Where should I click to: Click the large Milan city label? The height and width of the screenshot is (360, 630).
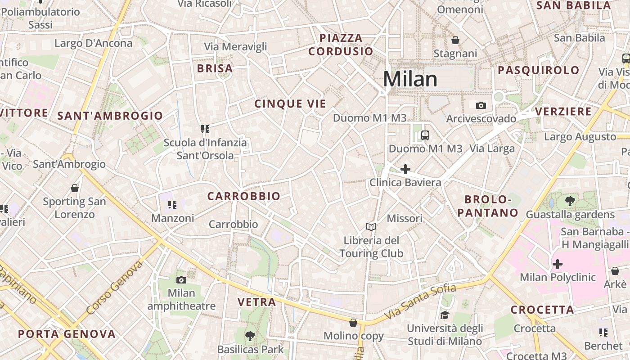point(410,79)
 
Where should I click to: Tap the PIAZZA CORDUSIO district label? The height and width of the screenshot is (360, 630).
point(341,45)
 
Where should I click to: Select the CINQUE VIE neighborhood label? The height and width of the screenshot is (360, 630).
point(290,104)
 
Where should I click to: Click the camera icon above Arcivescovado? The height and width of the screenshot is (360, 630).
point(481,105)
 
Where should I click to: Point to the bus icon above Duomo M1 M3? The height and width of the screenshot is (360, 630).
point(425,135)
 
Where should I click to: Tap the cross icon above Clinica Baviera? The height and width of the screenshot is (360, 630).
point(405,169)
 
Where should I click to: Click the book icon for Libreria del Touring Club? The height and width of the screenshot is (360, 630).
point(371,227)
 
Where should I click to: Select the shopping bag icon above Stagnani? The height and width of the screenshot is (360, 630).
point(455,40)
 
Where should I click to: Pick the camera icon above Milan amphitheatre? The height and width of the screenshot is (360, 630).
point(181,280)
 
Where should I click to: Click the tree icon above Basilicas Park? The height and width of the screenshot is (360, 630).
point(250,336)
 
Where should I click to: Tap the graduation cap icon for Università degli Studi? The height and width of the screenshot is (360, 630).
point(445,315)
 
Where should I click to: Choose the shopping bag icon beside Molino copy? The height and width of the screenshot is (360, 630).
point(354,323)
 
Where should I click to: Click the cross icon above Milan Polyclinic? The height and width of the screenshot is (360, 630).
point(558,264)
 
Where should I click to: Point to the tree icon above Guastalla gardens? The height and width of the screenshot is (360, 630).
point(570,201)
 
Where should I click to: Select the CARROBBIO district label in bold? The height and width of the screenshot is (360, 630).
point(243,196)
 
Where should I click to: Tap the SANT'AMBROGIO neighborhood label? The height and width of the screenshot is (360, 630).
point(110,116)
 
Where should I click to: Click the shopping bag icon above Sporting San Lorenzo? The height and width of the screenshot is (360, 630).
point(75,188)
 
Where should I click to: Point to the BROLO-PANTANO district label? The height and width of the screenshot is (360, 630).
point(488,206)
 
